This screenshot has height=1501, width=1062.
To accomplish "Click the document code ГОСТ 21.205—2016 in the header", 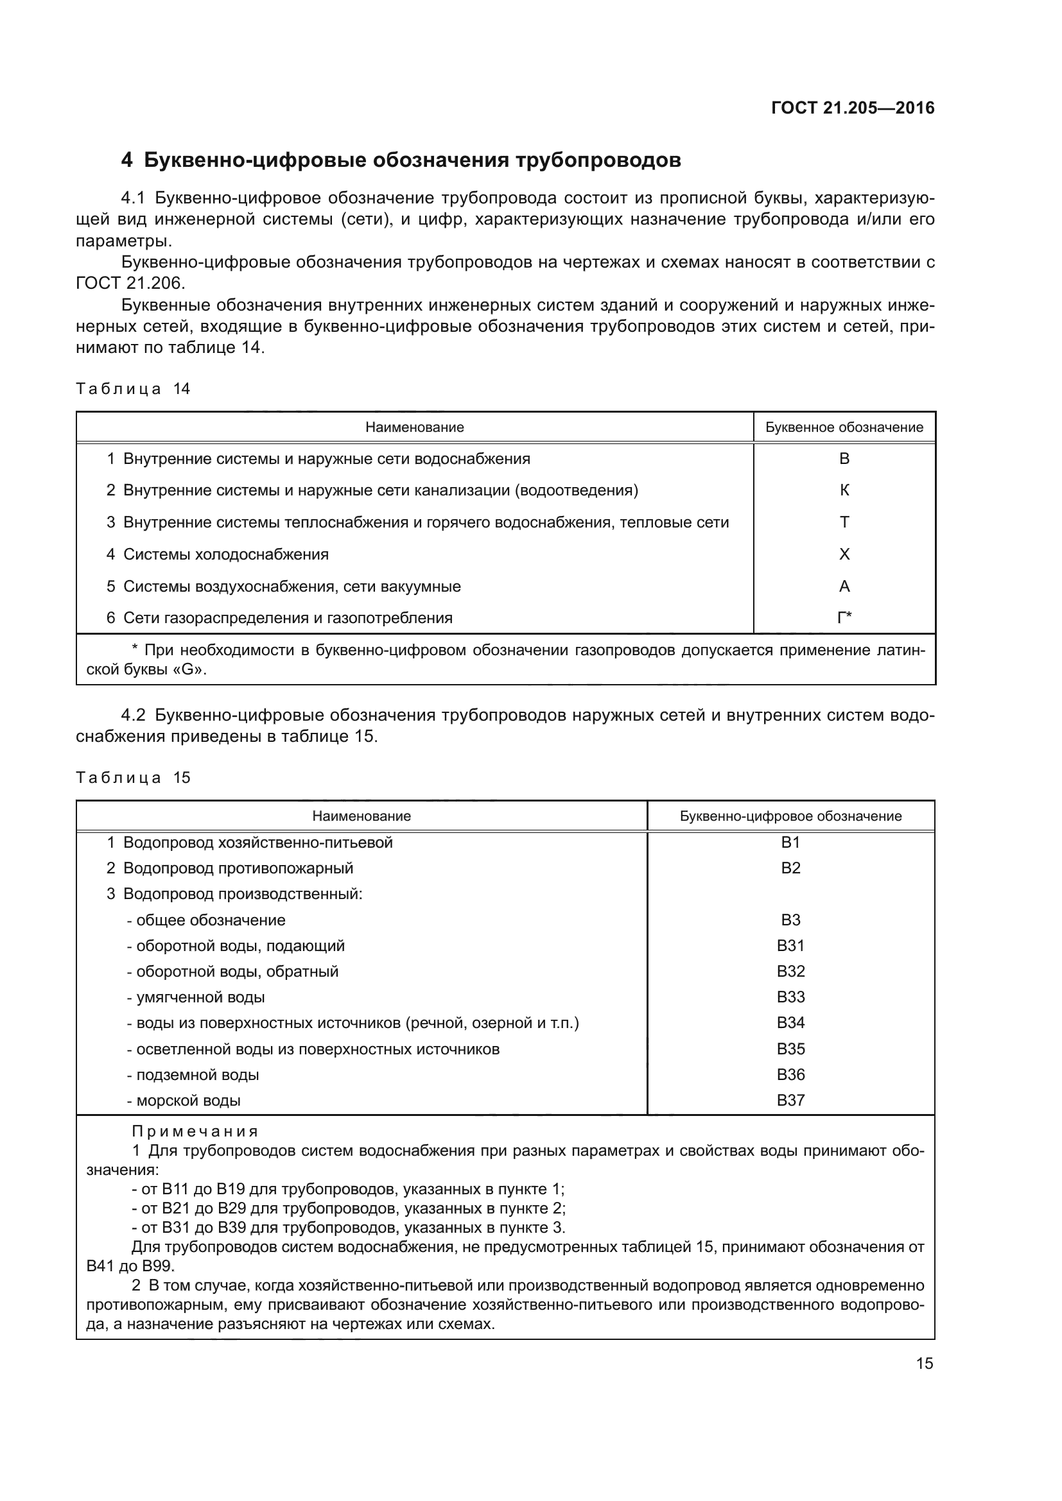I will coord(853,108).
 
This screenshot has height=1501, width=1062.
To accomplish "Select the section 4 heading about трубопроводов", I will coord(401,160).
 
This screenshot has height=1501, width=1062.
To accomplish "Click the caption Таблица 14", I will coord(133,389).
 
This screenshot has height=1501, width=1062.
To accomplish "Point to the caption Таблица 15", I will coord(133,778).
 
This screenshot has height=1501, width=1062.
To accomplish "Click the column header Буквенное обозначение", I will coord(844,427).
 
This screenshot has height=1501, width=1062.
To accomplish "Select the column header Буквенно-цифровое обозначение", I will coord(790,816).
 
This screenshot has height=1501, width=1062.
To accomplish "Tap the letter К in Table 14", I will coord(844,490).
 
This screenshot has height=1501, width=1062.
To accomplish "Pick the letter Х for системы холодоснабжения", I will coord(844,554).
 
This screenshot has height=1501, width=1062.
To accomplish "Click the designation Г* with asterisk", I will coord(844,618).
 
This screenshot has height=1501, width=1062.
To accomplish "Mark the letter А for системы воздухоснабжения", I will coord(844,587).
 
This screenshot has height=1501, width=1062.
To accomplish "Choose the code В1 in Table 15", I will coord(790,843).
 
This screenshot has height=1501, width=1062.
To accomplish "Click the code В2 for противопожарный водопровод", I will coord(790,868).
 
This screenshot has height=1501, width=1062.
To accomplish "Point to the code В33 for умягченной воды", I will coord(790,997).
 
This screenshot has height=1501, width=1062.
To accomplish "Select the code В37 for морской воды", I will coord(790,1101).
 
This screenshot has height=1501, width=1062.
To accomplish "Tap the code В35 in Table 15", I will coord(790,1049).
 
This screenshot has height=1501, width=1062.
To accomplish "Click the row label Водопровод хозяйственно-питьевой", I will coord(257,843).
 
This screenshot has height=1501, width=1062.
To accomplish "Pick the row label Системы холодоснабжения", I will coord(225,554).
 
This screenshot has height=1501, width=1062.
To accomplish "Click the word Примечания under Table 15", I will coord(195,1131).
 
